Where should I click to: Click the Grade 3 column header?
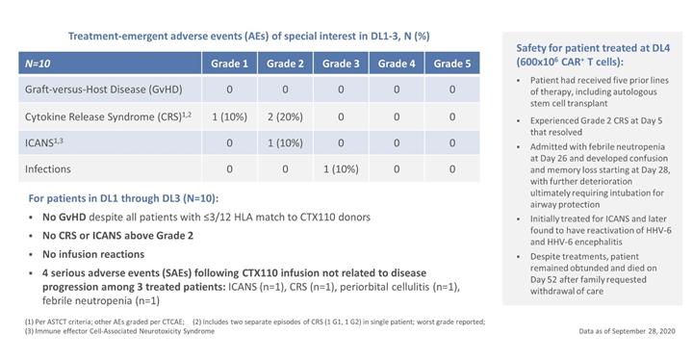pyautogui.click(x=341, y=64)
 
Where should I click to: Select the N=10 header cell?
pyautogui.click(x=110, y=64)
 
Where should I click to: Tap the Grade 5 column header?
pyautogui.click(x=451, y=64)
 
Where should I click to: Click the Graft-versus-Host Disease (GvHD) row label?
pyautogui.click(x=103, y=90)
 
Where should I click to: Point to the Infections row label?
pyautogui.click(x=48, y=169)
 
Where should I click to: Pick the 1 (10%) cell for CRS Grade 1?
pyautogui.click(x=229, y=116)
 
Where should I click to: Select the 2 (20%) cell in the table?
pyautogui.click(x=285, y=116)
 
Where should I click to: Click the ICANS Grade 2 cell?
pyautogui.click(x=285, y=142)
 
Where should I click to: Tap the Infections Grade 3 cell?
pyautogui.click(x=341, y=169)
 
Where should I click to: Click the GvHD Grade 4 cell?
pyautogui.click(x=397, y=90)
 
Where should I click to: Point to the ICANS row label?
pyautogui.click(x=43, y=142)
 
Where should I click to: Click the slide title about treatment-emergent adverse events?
pyautogui.click(x=249, y=37)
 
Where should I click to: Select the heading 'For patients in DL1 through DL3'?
pyautogui.click(x=123, y=198)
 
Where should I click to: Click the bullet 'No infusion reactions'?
pyautogui.click(x=93, y=254)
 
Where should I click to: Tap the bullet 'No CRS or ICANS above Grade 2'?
pyautogui.click(x=118, y=236)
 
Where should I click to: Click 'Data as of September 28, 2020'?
pyautogui.click(x=628, y=331)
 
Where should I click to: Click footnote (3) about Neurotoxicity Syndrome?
pyautogui.click(x=119, y=331)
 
